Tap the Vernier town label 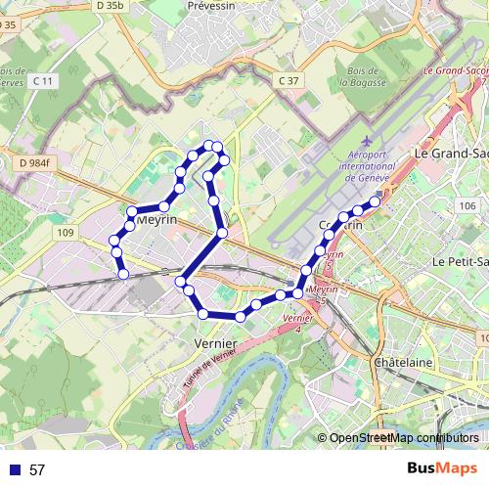(x=216, y=344)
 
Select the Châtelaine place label (x=404, y=362)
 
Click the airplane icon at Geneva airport (x=366, y=146)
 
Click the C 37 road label (x=288, y=80)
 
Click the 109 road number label (x=66, y=232)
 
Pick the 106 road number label (x=467, y=205)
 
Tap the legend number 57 (x=37, y=470)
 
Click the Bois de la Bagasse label (x=358, y=77)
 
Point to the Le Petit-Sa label (x=460, y=262)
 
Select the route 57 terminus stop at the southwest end (x=124, y=275)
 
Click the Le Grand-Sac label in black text (x=450, y=155)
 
